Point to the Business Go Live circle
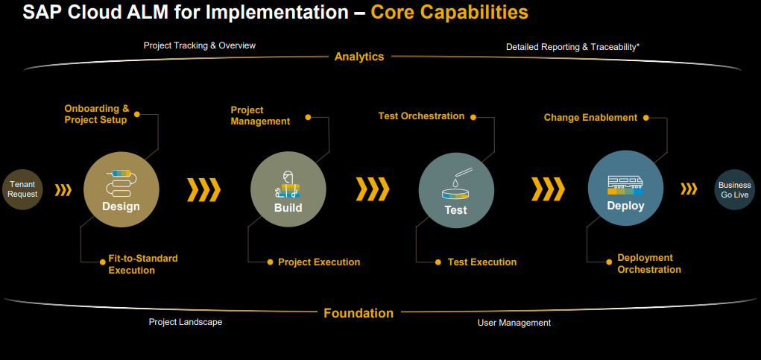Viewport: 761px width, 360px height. point(734,189)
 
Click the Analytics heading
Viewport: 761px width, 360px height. point(359,57)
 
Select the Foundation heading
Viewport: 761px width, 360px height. point(359,313)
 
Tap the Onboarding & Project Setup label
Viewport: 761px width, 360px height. point(97,114)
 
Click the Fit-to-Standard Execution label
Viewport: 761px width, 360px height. point(143,264)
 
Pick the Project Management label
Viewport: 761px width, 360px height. point(260,116)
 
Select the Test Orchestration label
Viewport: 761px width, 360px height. point(421,116)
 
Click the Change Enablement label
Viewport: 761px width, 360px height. point(590,117)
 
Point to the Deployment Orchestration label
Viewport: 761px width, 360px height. point(648,263)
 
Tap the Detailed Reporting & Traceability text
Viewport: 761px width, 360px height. point(572,46)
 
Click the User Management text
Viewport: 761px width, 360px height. point(514,323)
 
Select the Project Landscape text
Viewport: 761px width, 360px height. point(185,322)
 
